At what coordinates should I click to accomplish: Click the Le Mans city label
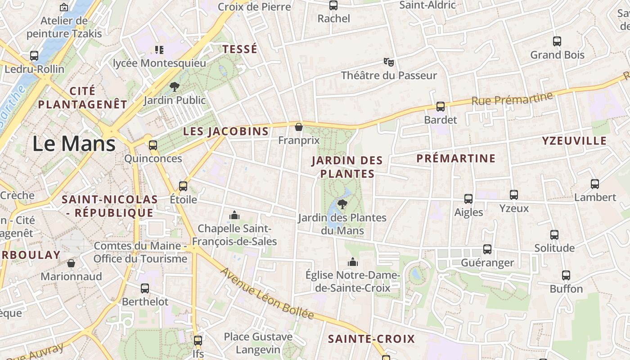pos(74,144)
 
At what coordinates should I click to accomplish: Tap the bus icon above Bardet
pos(441,107)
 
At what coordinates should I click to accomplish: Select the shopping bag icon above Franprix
pos(298,127)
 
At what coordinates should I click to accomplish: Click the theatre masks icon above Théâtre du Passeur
pos(389,62)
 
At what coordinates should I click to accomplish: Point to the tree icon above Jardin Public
pos(174,87)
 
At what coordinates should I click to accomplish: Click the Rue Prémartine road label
pos(512,99)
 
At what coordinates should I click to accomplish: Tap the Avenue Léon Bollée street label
pos(267,293)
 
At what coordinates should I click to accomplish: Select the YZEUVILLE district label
pos(574,141)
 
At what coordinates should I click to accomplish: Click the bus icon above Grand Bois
pos(557,41)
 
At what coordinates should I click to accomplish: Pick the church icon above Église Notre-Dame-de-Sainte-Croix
pos(353,262)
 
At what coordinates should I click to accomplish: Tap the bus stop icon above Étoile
pos(183,186)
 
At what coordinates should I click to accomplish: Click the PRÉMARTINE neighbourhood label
pos(456,158)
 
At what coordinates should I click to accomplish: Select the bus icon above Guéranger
pos(487,249)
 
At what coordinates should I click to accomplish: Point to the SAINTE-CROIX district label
pos(371,339)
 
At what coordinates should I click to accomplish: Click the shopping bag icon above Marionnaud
pos(71,263)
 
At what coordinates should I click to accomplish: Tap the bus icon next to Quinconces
pos(153,145)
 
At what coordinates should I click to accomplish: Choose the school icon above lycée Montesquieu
pos(159,49)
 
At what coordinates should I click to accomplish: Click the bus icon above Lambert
pos(595,184)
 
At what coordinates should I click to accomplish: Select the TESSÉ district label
pos(240,49)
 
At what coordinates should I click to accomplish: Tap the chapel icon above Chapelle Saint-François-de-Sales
pos(234,216)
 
